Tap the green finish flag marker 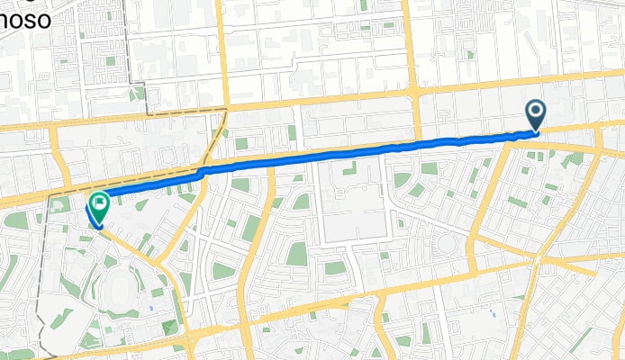tap(97, 206)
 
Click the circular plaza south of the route tap(448, 242)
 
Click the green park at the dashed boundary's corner tap(137, 93)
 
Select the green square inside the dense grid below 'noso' tap(109, 62)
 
